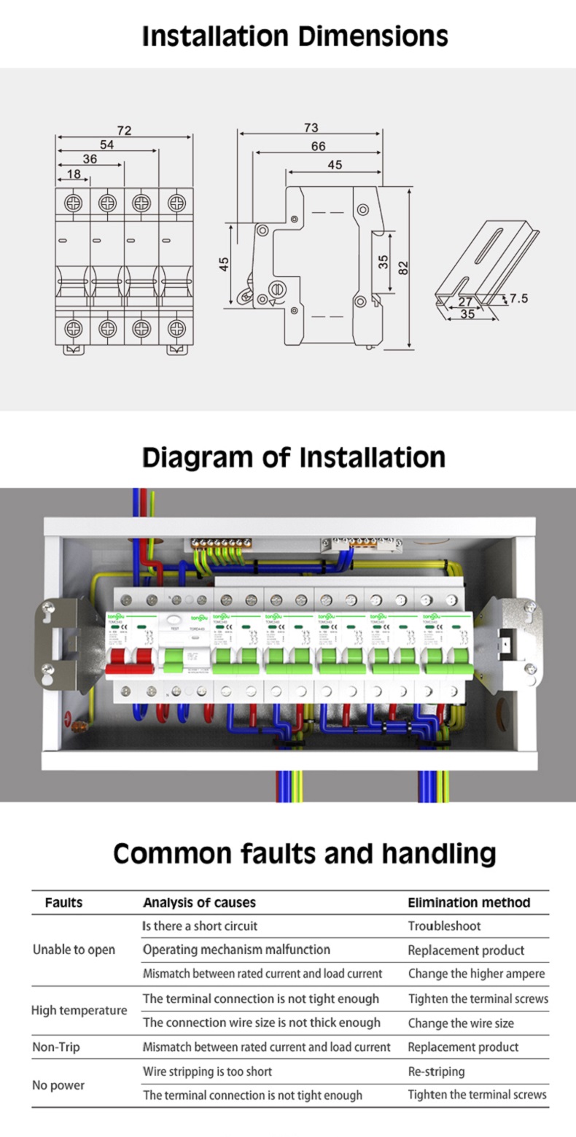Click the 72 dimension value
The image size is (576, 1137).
[124, 131]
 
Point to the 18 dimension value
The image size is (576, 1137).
[74, 174]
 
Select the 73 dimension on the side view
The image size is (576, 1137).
[311, 128]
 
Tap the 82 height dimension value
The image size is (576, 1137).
[403, 268]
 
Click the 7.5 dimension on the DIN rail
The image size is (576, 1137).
[519, 298]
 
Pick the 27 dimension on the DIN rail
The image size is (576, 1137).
[465, 301]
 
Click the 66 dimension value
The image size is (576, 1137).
[318, 147]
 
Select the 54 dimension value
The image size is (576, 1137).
[107, 145]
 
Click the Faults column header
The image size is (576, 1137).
[64, 902]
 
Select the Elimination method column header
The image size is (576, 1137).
[469, 902]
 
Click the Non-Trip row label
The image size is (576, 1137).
[56, 1047]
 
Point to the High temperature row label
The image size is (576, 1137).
[79, 1011]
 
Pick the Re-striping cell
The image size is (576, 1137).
[436, 1071]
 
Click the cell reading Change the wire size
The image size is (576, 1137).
[461, 1023]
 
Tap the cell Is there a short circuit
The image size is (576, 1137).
[200, 926]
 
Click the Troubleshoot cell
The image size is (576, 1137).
[445, 926]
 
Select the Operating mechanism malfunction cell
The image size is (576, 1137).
[236, 950]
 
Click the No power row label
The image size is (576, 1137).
[58, 1085]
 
